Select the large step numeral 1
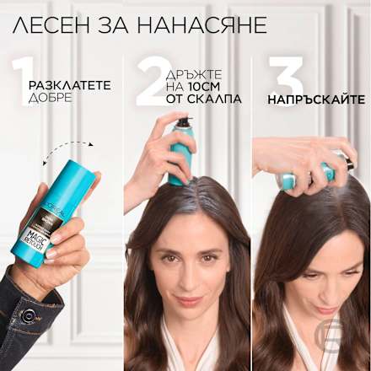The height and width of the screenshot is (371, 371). coord(19,79)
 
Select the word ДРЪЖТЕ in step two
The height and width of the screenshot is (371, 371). coord(200,72)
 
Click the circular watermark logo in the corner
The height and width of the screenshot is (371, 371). coord(355,334)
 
